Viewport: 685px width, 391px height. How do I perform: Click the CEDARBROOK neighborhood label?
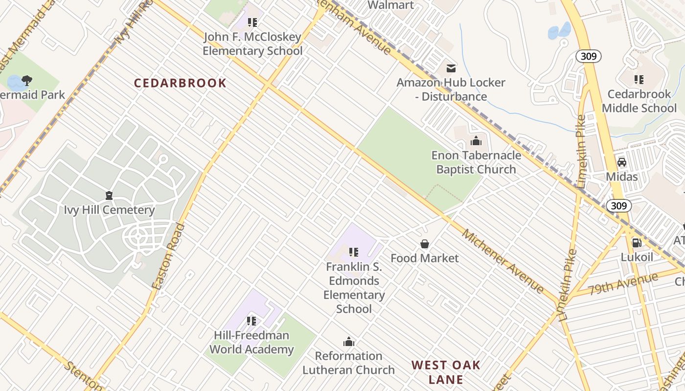pos(180,83)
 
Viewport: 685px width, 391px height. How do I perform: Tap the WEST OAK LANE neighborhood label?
pos(446,372)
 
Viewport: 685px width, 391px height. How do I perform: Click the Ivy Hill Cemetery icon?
pos(109,196)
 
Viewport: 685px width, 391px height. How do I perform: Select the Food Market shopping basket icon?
pos(425,244)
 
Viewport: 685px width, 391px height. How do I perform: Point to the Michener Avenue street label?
pos(503,261)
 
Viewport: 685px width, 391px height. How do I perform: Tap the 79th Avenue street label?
pos(623,284)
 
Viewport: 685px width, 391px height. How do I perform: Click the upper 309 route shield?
pos(589,56)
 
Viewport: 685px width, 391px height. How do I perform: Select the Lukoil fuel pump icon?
pos(637,242)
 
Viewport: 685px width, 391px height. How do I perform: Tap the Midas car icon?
pos(622,162)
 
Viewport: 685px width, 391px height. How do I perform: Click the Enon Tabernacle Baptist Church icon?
pos(476,142)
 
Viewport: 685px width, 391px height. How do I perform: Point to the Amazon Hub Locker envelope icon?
pos(451,68)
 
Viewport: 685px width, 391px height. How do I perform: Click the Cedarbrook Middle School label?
pos(639,101)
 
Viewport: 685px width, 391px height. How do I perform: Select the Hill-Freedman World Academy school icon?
pos(251,321)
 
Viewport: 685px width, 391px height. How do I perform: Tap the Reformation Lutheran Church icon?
pos(348,342)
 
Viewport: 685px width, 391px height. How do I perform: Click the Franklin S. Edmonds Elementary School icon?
pos(354,253)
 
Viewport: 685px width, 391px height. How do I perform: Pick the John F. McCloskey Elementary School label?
pos(252,44)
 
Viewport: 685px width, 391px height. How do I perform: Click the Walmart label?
pos(390,5)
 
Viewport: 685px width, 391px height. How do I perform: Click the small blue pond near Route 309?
pos(559,31)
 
